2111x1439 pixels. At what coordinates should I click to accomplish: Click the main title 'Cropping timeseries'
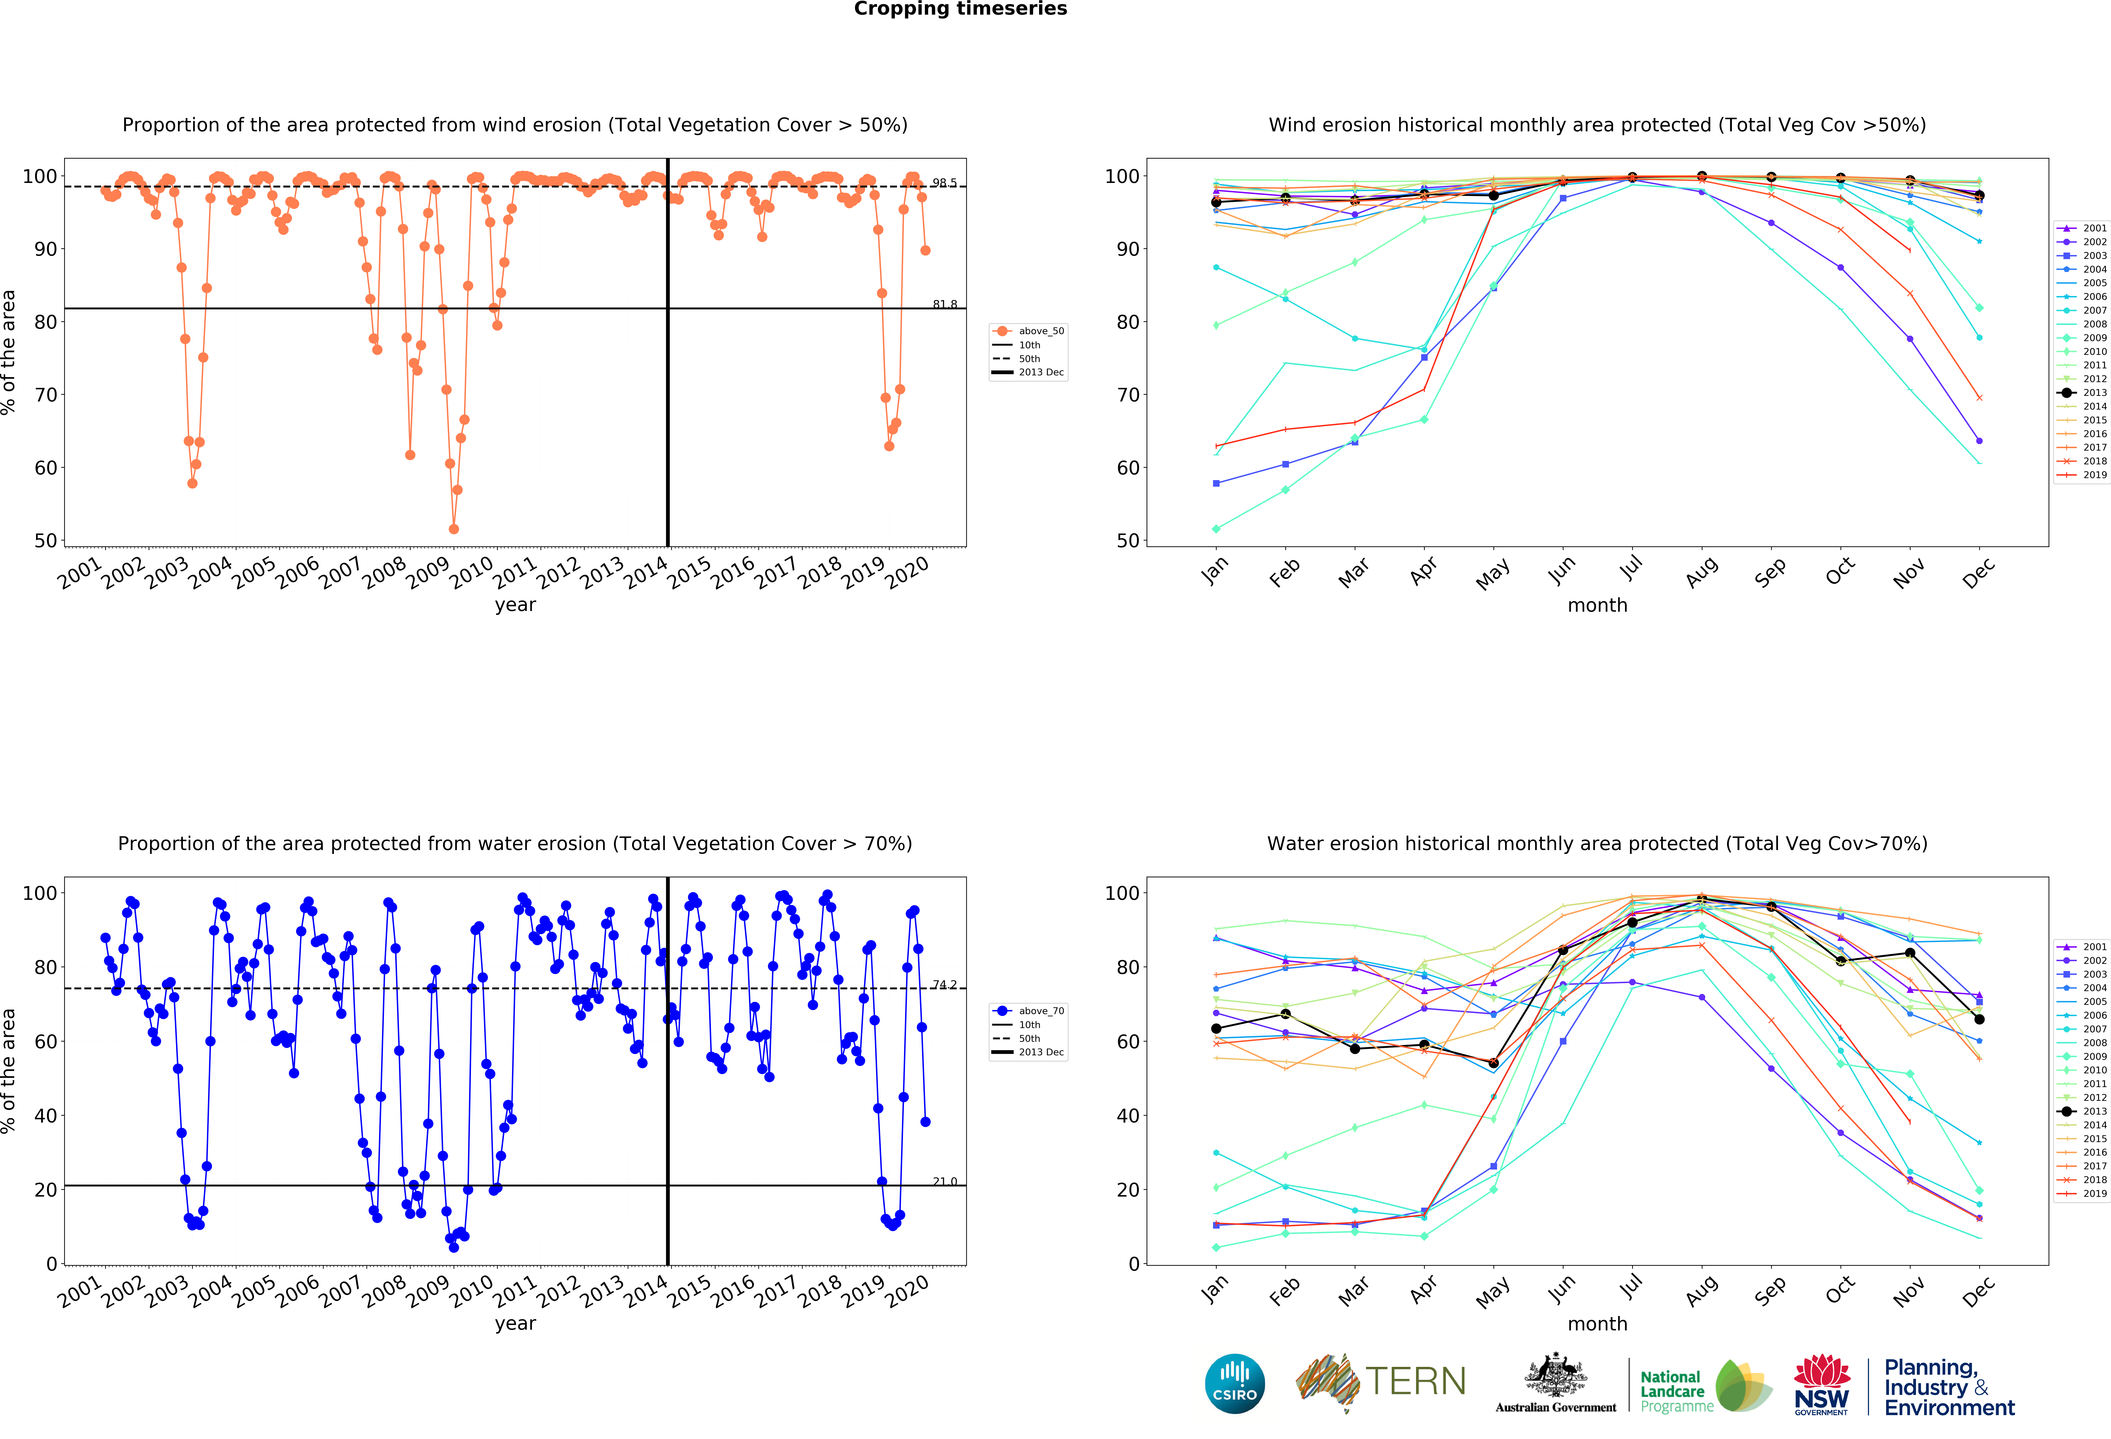point(960,9)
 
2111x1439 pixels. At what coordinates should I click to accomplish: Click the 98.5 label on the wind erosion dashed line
point(944,182)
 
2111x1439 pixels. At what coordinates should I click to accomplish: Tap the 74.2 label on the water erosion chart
point(944,985)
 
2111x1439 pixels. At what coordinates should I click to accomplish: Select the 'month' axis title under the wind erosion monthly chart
point(1597,605)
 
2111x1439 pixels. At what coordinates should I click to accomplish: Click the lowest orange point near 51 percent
point(453,529)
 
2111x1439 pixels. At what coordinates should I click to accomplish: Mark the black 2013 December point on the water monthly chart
point(1979,1019)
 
